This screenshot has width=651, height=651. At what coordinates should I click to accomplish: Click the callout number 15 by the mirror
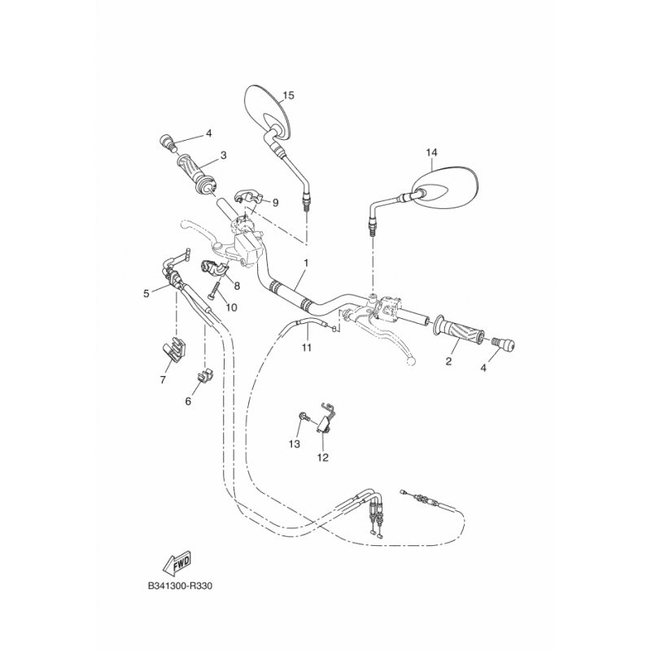point(288,95)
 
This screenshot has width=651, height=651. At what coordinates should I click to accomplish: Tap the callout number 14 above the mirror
point(431,153)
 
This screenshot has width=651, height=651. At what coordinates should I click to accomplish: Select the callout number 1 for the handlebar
point(307,263)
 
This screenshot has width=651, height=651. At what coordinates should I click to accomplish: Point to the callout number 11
point(307,347)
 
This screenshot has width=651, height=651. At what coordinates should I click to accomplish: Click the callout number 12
point(322,457)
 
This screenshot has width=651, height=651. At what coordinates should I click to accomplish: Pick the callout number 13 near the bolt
point(295,444)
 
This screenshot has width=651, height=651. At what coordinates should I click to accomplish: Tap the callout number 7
point(163,379)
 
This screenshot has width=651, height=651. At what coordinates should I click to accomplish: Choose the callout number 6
point(188,401)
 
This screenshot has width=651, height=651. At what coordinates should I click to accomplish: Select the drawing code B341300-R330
point(180,586)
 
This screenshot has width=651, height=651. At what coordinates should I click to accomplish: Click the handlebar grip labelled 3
point(197,174)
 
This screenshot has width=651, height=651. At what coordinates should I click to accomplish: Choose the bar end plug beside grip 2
point(503,343)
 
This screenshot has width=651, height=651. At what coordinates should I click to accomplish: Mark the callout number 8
point(237,286)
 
